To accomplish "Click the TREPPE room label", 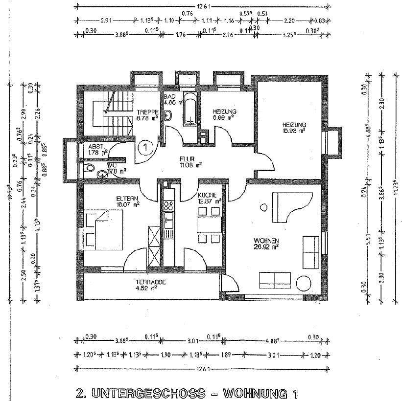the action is [x=146, y=111].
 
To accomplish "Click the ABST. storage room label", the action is [x=96, y=146].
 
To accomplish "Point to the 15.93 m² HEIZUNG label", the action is [x=294, y=125].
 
